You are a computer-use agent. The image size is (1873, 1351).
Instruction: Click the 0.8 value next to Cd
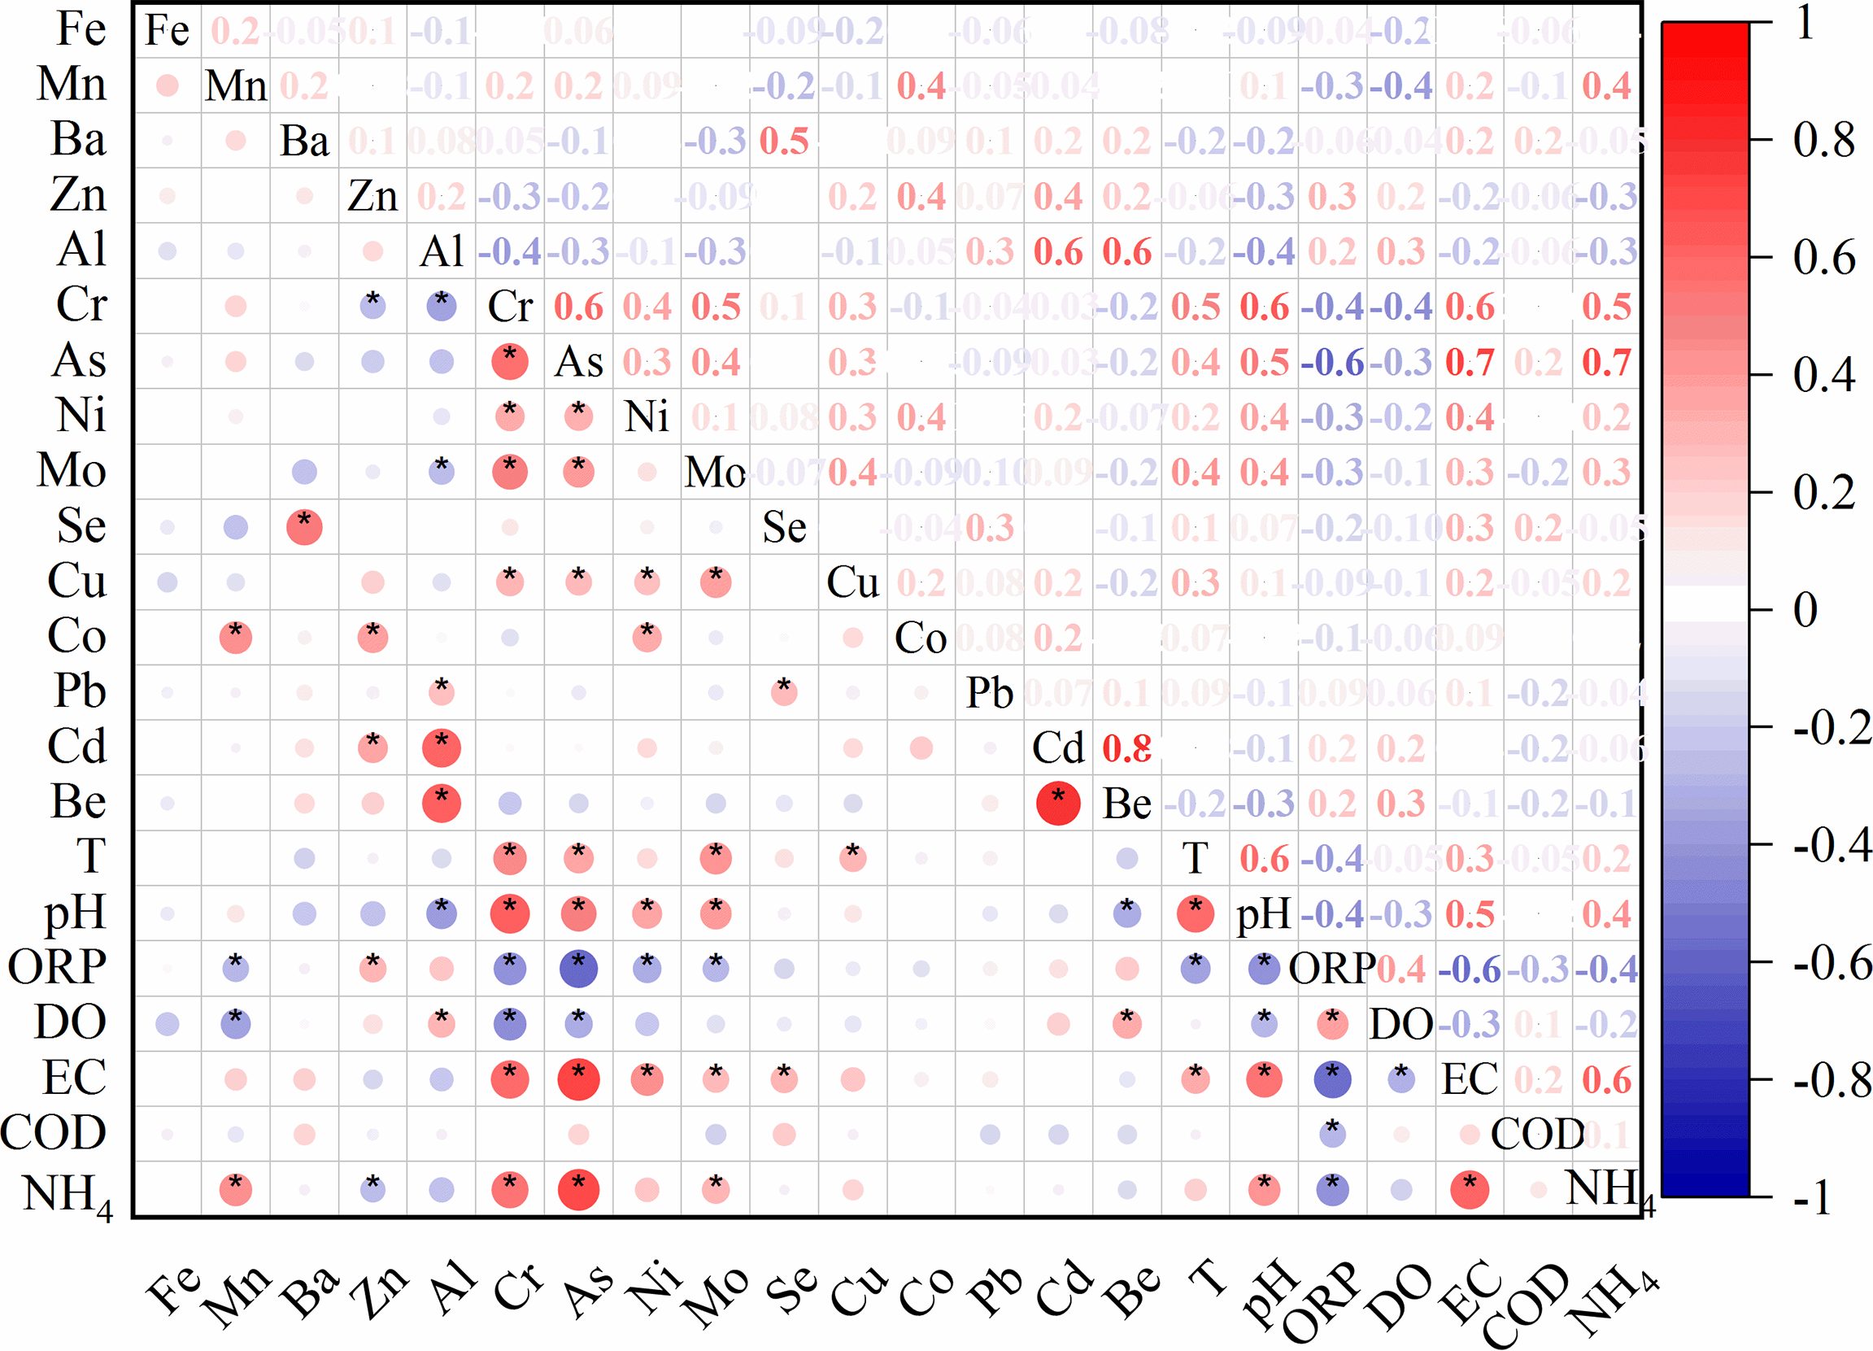click(x=1126, y=748)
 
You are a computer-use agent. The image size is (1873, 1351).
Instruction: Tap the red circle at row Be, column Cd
click(x=1058, y=803)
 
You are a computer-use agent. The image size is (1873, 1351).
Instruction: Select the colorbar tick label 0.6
click(x=1823, y=258)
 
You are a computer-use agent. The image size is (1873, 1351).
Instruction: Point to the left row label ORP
click(x=58, y=967)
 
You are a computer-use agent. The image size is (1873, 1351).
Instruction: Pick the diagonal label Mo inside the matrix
click(x=715, y=473)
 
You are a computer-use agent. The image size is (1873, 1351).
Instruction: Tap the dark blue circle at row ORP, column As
click(x=578, y=969)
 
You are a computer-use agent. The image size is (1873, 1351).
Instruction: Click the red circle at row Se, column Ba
click(x=304, y=528)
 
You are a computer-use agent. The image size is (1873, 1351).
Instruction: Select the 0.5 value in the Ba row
click(x=784, y=142)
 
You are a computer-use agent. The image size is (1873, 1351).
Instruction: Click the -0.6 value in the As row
click(x=1331, y=363)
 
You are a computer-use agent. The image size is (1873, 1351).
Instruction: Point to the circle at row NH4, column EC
click(x=1469, y=1190)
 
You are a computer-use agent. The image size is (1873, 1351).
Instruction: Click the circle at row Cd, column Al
click(x=441, y=748)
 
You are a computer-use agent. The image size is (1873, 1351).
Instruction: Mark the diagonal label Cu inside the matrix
click(x=852, y=582)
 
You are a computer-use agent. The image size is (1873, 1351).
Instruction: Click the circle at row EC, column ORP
click(x=1331, y=1079)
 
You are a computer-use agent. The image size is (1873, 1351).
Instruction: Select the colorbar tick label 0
click(x=1805, y=610)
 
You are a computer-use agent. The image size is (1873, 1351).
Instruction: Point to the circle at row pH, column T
click(x=1195, y=913)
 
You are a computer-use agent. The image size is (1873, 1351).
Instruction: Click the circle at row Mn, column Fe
click(x=167, y=85)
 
